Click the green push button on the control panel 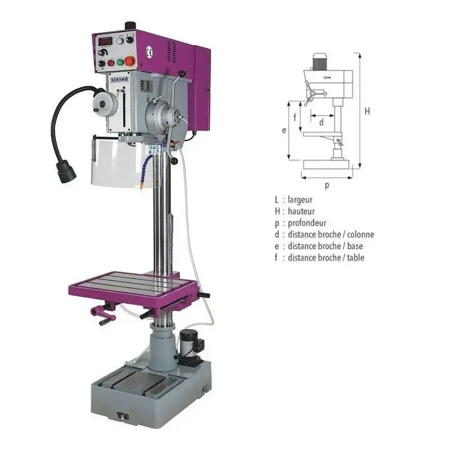pos(120,62)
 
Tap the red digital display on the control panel pos(105,41)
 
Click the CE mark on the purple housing pos(149,52)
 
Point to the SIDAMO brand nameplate pos(120,79)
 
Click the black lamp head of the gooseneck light pos(66,172)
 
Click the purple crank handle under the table pos(103,315)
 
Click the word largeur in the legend pos(300,200)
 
